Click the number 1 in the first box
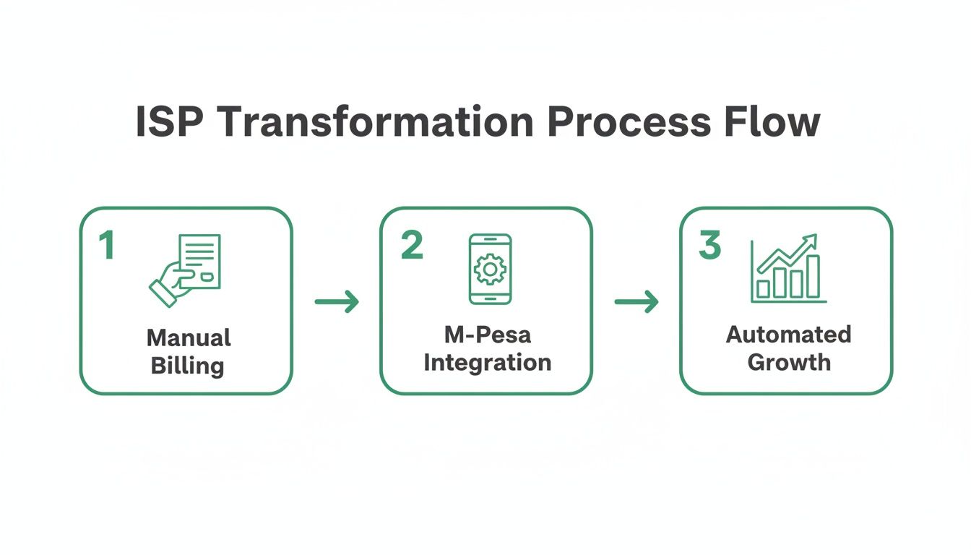click(107, 246)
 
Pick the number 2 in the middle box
click(411, 246)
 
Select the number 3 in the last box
click(709, 246)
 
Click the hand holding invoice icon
click(186, 269)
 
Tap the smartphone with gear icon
click(490, 269)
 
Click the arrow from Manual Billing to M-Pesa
click(337, 301)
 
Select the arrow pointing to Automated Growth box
click(636, 301)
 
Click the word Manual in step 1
click(189, 337)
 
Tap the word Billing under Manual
click(187, 365)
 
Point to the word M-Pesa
click(487, 335)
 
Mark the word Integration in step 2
click(487, 362)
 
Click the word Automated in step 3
click(788, 335)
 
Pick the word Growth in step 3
click(788, 361)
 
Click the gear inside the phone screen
click(490, 268)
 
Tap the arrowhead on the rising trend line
click(811, 240)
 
